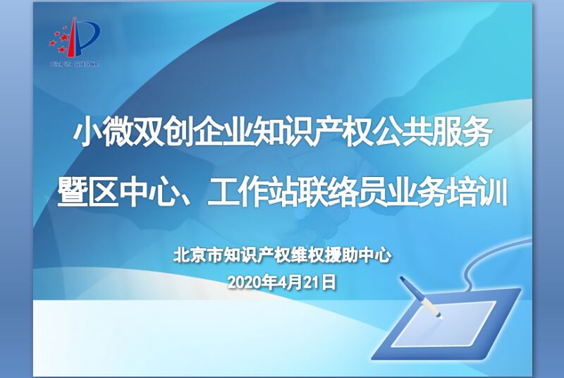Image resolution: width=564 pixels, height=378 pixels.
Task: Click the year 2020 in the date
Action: tap(244, 282)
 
